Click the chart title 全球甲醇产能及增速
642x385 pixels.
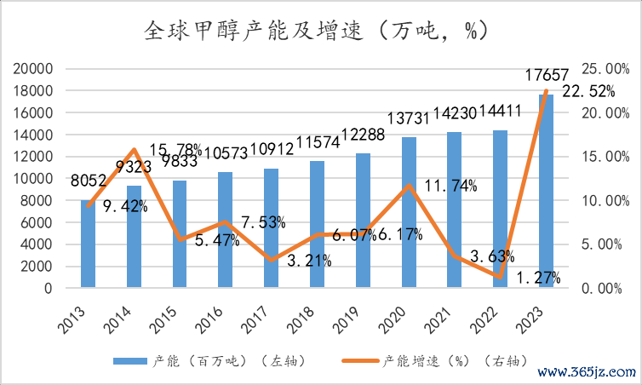(315, 32)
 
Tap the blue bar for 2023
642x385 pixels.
(545, 192)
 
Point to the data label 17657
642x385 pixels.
(546, 76)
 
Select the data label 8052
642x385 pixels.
(89, 181)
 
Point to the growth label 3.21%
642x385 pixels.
(304, 261)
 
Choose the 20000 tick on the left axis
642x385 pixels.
(33, 69)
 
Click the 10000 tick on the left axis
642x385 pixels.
(33, 179)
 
